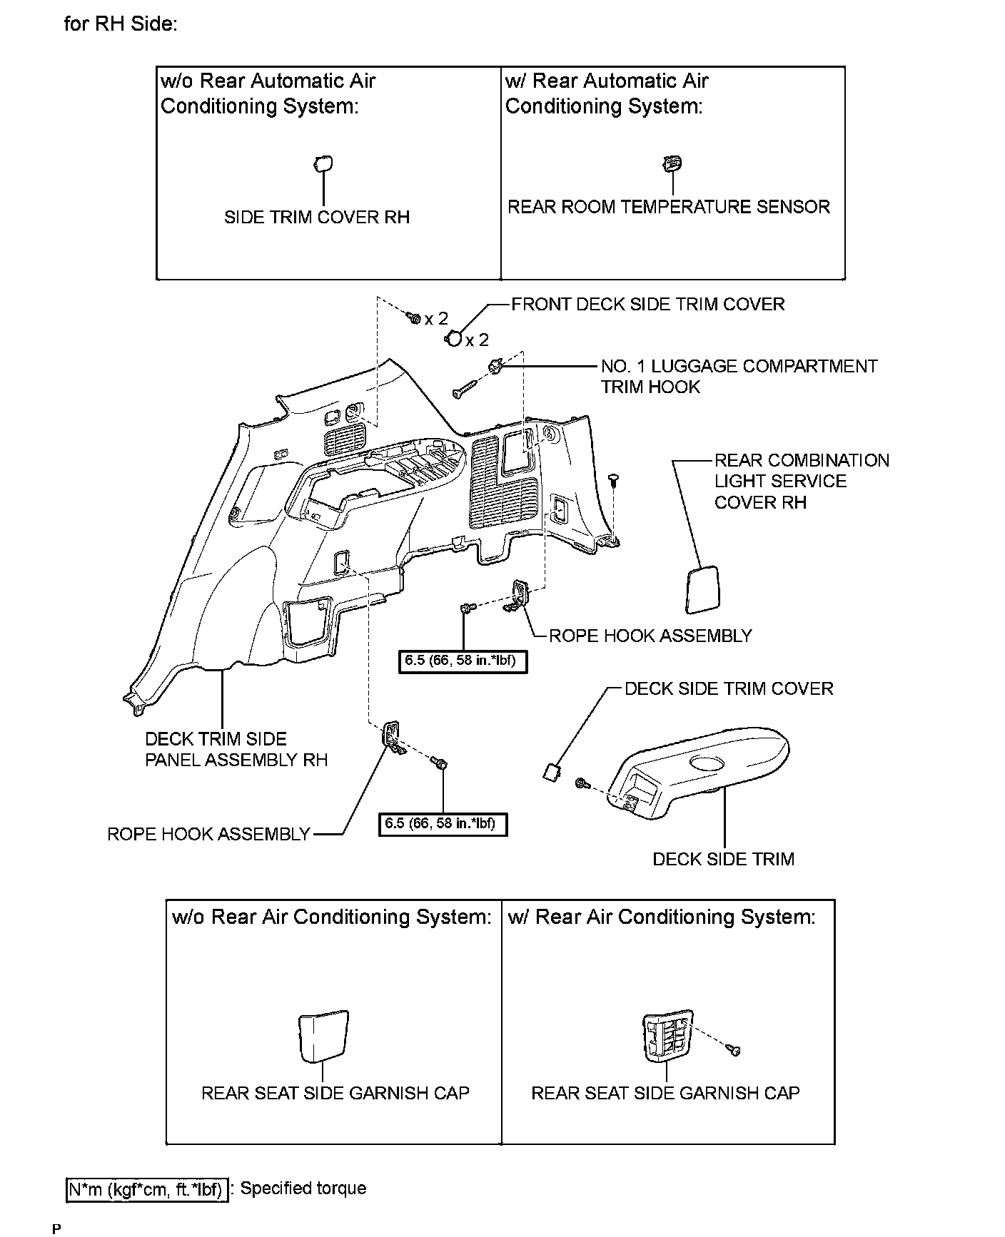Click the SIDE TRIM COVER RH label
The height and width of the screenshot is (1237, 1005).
pos(317,217)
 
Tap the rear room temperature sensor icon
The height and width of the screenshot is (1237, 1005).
pos(672,164)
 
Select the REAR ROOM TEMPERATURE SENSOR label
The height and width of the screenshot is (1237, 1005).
pos(669,207)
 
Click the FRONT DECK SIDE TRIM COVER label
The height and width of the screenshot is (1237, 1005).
pos(647,304)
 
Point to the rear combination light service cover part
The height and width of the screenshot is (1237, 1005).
pos(702,589)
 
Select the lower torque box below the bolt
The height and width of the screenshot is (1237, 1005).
pos(443,823)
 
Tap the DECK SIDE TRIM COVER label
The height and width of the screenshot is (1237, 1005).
pos(728,688)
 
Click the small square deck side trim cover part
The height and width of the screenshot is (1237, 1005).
pos(552,770)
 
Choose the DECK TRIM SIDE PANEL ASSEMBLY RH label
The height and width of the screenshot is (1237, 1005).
pos(236,749)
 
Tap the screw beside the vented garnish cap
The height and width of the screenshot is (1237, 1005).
pos(734,1049)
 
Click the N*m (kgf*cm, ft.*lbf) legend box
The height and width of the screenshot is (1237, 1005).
pos(147,1189)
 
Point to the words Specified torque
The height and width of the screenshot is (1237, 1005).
pos(303,1188)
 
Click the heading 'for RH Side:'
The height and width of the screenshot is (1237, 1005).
pos(121,24)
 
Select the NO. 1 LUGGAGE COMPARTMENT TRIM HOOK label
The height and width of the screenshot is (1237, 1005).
pos(739,376)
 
